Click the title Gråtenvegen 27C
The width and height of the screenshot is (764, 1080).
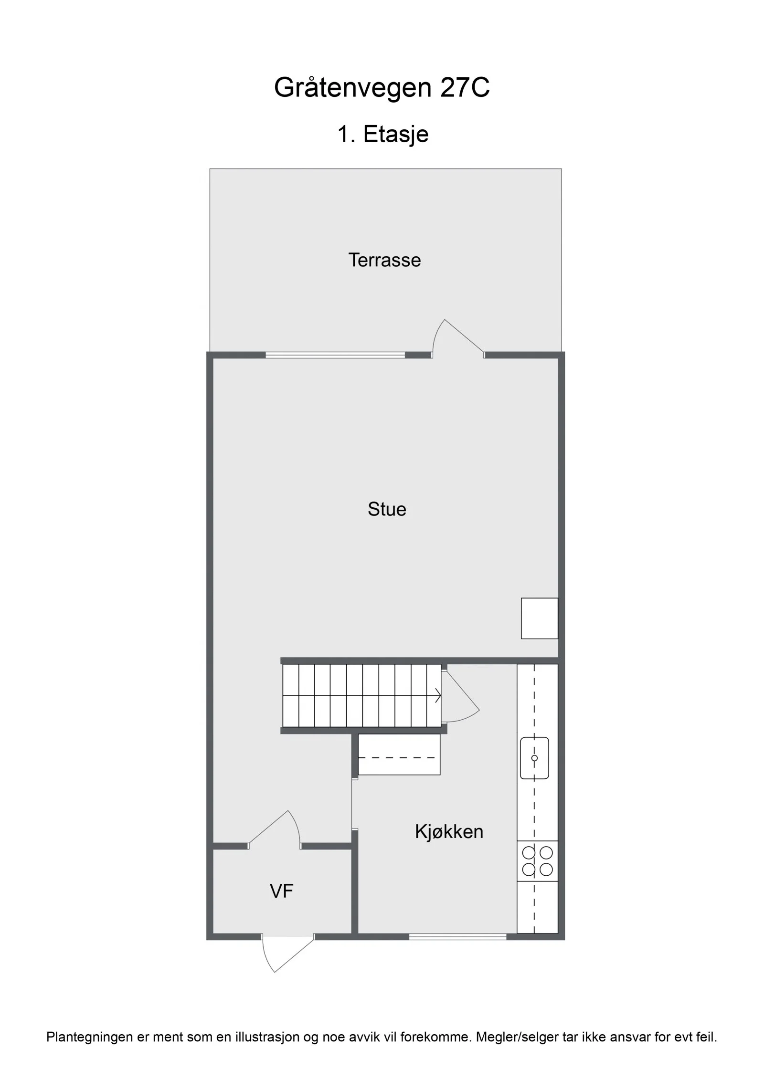pos(382,87)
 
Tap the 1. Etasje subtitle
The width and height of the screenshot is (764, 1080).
pos(383,134)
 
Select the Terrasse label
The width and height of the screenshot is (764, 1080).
pos(384,260)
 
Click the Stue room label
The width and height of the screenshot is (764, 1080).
pos(387,509)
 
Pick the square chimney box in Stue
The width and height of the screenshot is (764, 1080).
pos(540,618)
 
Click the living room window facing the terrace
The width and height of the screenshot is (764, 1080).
pos(335,355)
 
